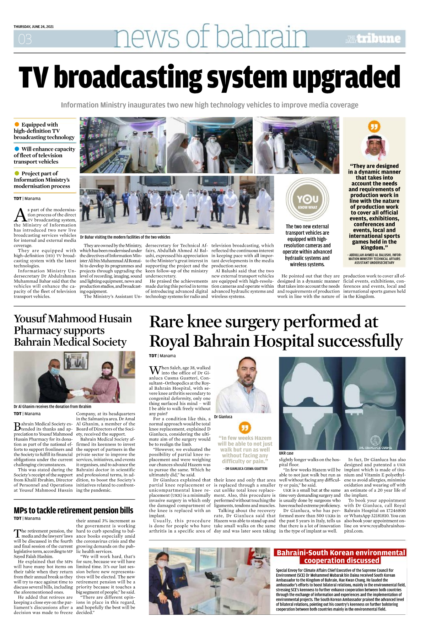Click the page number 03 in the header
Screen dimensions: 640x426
coord(25,39)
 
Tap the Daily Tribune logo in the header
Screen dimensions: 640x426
coord(373,39)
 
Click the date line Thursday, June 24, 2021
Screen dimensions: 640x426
coord(34,27)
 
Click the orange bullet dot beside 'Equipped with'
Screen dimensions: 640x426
coord(17,124)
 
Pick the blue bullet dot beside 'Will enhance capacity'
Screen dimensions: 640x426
coord(17,149)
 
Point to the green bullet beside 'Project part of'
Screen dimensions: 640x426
coord(17,174)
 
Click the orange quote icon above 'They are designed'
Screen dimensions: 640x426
coord(374,127)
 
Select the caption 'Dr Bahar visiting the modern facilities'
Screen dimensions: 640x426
coord(125,237)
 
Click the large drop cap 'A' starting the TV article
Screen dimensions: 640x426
coord(20,215)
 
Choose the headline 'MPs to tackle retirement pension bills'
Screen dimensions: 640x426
coord(74,511)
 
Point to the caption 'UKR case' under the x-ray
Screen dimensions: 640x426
coord(286,453)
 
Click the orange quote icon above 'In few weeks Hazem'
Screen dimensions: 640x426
coord(245,427)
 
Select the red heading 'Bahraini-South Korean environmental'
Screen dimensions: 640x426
coord(341,553)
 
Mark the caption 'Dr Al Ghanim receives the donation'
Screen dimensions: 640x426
coord(53,406)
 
